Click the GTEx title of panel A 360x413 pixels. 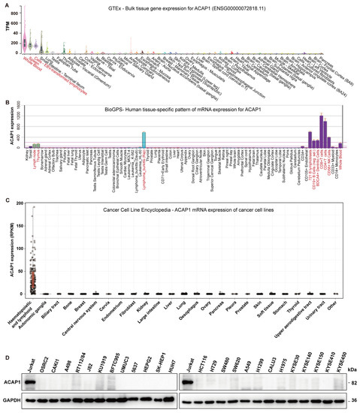point(192,6)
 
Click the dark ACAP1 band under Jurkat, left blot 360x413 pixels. point(34,381)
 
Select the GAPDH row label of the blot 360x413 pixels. point(12,400)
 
